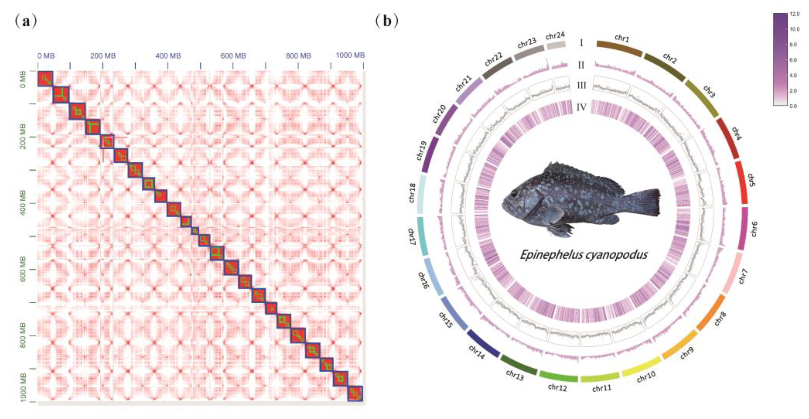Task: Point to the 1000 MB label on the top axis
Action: [350, 55]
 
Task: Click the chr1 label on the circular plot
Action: [622, 38]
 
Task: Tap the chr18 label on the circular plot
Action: [412, 193]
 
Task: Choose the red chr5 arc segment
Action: [742, 182]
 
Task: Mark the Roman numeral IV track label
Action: [581, 107]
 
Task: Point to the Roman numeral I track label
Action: [581, 43]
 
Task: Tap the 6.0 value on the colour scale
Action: [793, 60]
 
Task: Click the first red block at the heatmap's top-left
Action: [45, 79]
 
